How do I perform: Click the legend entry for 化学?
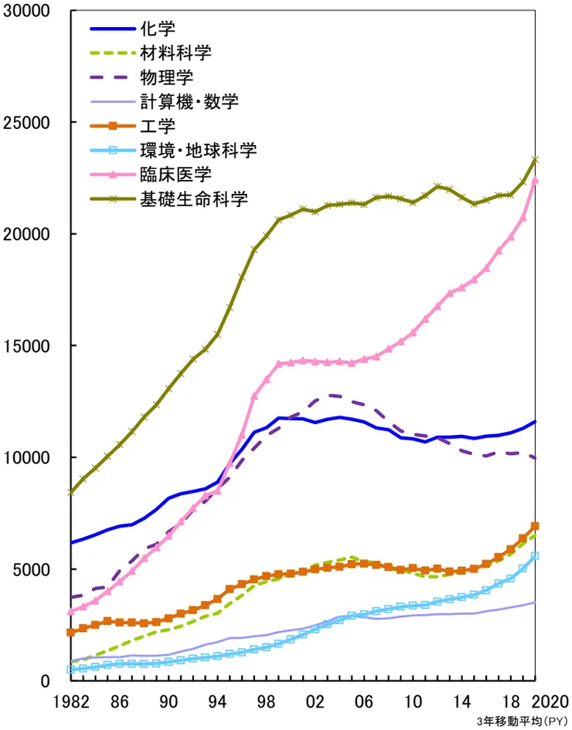[158, 29]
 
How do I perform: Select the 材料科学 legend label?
[175, 53]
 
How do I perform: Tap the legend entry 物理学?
[167, 77]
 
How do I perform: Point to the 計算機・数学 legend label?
[189, 101]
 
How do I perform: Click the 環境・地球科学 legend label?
[198, 150]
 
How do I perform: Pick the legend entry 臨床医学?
[175, 174]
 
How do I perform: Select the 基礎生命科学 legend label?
[193, 199]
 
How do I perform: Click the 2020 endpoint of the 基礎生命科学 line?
[535, 160]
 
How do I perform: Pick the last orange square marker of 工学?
[535, 526]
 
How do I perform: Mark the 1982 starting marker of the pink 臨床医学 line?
[71, 611]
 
